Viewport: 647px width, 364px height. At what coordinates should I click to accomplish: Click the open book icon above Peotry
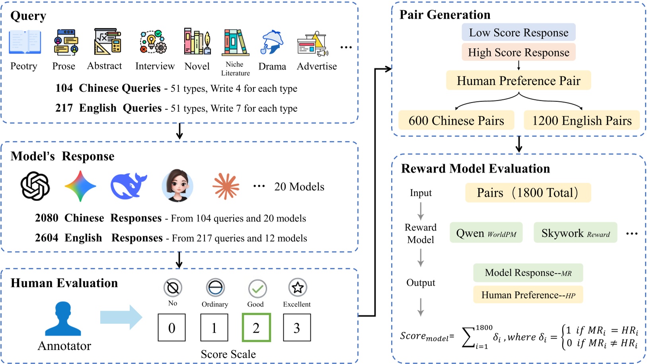point(25,42)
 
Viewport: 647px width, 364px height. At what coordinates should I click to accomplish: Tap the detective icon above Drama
point(272,42)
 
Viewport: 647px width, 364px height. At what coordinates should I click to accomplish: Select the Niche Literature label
point(235,68)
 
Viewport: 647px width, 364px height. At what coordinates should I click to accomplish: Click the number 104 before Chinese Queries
point(64,88)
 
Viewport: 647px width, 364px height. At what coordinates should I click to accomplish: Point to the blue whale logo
point(128,185)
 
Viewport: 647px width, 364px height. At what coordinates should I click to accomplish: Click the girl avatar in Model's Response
point(177,185)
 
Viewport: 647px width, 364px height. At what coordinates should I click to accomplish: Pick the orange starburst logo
point(226,186)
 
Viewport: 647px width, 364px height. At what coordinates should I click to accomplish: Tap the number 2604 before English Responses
point(47,238)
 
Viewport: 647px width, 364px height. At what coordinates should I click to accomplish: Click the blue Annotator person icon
point(63,319)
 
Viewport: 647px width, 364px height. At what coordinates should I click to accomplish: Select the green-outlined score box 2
point(256,327)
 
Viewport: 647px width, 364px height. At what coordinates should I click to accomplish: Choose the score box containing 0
point(172,327)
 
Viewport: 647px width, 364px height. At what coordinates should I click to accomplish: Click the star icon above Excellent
point(298,287)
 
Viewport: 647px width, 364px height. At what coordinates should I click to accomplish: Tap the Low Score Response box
point(518,33)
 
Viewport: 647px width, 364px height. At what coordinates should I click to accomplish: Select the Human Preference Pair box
point(518,81)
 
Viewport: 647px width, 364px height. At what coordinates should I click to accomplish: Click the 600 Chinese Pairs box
point(456,121)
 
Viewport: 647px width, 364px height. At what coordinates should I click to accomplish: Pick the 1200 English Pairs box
point(581,121)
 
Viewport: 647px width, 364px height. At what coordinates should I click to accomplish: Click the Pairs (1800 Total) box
point(528,193)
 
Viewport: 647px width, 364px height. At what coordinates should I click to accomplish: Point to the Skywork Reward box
point(575,233)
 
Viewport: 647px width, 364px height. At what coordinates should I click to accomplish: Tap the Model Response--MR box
point(528,273)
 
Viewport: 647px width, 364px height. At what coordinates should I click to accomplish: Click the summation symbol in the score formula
point(469,337)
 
